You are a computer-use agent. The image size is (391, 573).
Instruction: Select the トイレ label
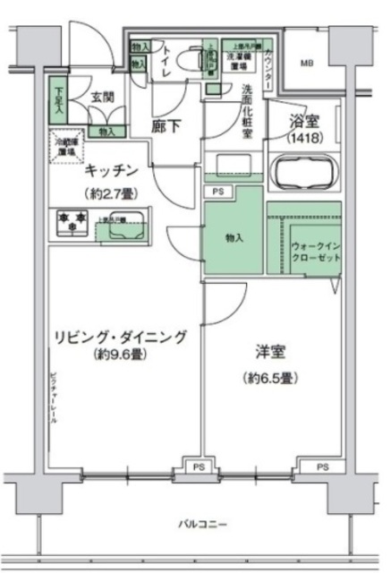(165, 64)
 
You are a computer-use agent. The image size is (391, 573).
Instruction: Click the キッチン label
(112, 170)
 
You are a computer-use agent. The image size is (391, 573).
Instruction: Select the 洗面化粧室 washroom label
(247, 110)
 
